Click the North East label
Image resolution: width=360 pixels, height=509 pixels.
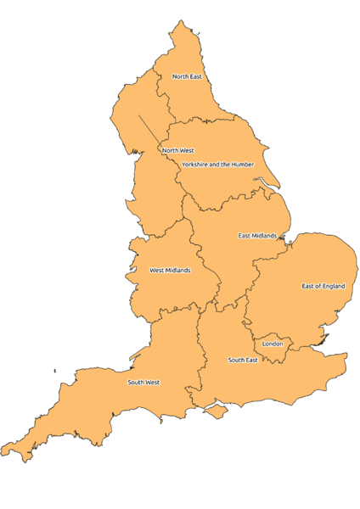coord(187,76)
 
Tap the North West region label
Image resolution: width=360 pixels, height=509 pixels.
coord(177,150)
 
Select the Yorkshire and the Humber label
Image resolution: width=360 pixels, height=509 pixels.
coord(217,164)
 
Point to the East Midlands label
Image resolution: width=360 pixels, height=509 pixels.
coord(257,235)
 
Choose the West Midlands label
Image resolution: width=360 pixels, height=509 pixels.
coord(170,271)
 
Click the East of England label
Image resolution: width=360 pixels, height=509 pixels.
coord(323,286)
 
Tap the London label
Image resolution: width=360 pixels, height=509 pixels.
coord(273,344)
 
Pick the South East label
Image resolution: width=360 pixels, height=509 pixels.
coord(243,360)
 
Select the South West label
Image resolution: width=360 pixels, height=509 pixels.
coord(143,382)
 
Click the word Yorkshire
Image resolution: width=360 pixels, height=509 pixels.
coord(194,164)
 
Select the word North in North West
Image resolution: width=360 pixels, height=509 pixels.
coord(170,150)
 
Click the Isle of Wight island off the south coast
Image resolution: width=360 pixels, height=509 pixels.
coord(218,411)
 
